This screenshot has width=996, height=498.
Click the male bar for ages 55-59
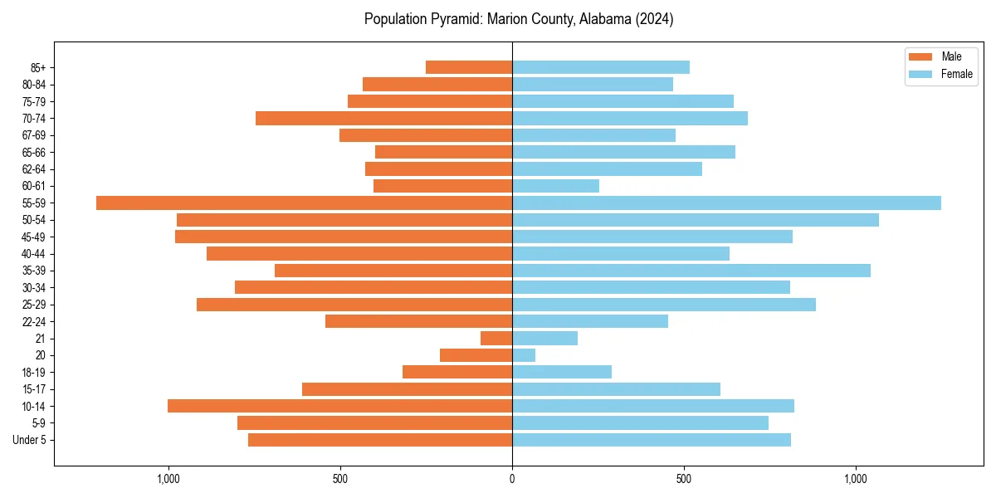(304, 203)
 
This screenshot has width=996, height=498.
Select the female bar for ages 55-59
(726, 203)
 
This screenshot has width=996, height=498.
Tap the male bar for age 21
(496, 338)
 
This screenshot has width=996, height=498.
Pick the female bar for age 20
(524, 355)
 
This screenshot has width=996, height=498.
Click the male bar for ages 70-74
(383, 118)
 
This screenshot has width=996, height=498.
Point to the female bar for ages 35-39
(691, 271)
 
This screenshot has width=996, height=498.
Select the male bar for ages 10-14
(339, 406)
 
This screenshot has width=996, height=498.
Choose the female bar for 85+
(600, 67)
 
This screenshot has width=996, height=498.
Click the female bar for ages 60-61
(555, 186)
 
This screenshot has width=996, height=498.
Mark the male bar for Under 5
(379, 440)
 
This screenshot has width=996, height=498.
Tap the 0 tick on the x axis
(512, 480)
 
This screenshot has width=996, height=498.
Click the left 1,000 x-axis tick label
(168, 480)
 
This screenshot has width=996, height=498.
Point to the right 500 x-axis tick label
(683, 480)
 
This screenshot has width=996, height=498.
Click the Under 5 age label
(29, 440)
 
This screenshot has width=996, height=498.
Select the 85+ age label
(37, 67)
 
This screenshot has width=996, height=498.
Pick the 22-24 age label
(35, 321)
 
